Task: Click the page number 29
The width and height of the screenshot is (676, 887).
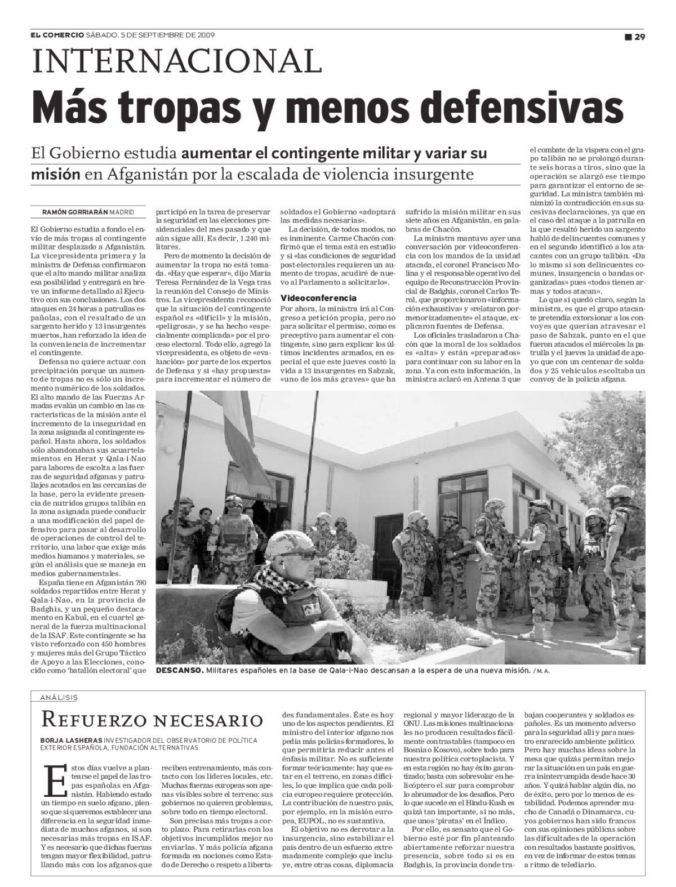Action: tap(639, 37)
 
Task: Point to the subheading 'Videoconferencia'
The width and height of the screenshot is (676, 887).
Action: tap(318, 297)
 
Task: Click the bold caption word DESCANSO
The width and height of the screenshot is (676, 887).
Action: tap(180, 671)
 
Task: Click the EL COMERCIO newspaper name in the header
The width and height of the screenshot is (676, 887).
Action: tap(57, 35)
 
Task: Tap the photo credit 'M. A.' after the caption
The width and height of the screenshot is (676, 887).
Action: tap(543, 671)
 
